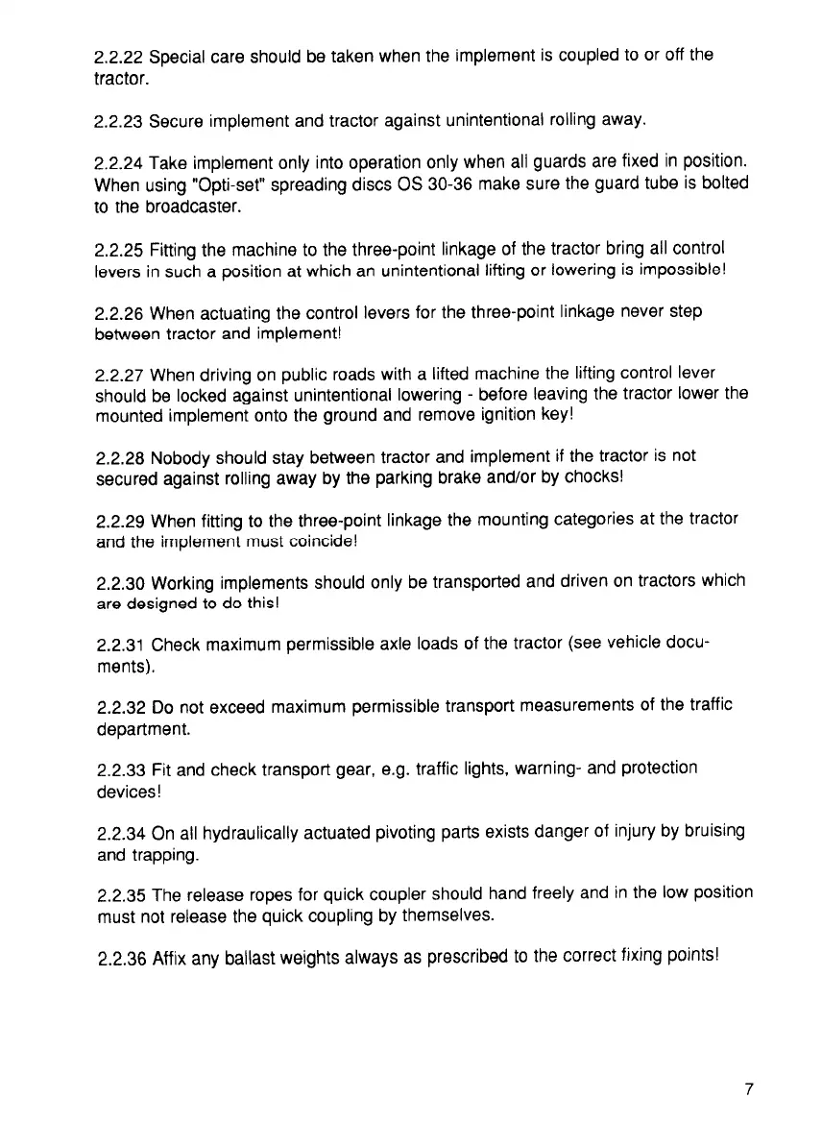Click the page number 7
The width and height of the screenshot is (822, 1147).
pos(748,1088)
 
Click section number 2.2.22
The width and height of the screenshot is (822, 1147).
pos(121,56)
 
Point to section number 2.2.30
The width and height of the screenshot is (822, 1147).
pos(122,583)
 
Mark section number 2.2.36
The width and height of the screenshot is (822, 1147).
pos(122,958)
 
